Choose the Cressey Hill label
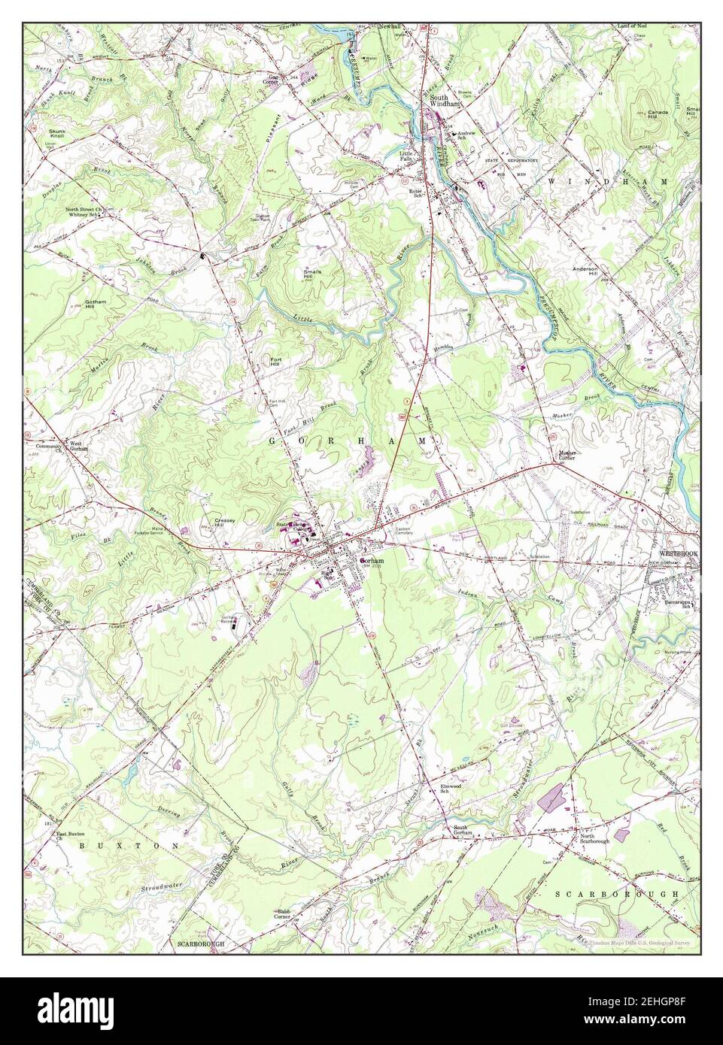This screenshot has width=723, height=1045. (x=225, y=522)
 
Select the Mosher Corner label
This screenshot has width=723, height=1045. (x=572, y=456)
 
